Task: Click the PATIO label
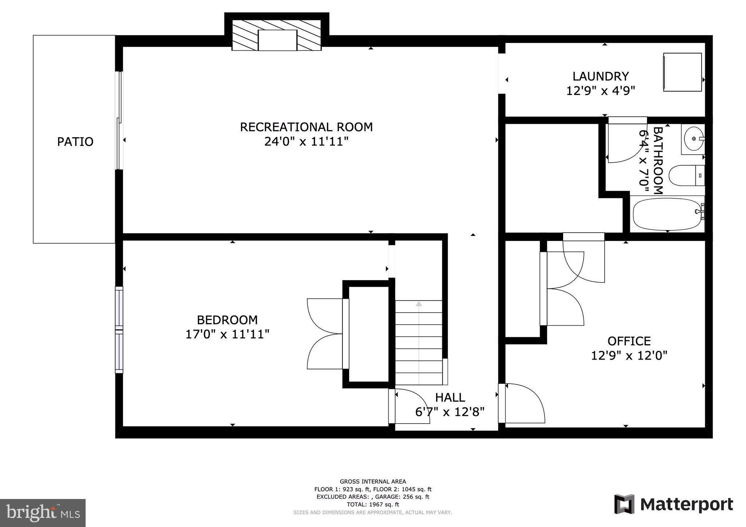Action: pyautogui.click(x=75, y=142)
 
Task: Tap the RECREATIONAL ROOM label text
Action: pyautogui.click(x=306, y=127)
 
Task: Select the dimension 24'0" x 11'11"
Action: pyautogui.click(x=306, y=142)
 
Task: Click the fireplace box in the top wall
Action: pyautogui.click(x=277, y=40)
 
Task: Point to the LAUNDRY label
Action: pyautogui.click(x=600, y=76)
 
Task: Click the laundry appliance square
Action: pyautogui.click(x=682, y=72)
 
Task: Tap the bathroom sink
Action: pyautogui.click(x=693, y=139)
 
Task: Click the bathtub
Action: pyautogui.click(x=667, y=214)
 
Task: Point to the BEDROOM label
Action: pyautogui.click(x=227, y=320)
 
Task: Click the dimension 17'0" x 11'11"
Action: pyautogui.click(x=227, y=334)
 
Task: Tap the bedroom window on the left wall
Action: pyautogui.click(x=119, y=330)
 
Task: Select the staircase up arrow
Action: pyautogui.click(x=419, y=304)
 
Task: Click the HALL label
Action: pyautogui.click(x=450, y=397)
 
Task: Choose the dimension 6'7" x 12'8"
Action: pyautogui.click(x=450, y=412)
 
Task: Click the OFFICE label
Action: pyautogui.click(x=629, y=341)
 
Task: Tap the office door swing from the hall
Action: pyautogui.click(x=523, y=404)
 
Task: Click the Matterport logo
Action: pyautogui.click(x=674, y=504)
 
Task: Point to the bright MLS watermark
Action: pyautogui.click(x=43, y=513)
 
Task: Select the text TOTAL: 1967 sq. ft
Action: pyautogui.click(x=373, y=504)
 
